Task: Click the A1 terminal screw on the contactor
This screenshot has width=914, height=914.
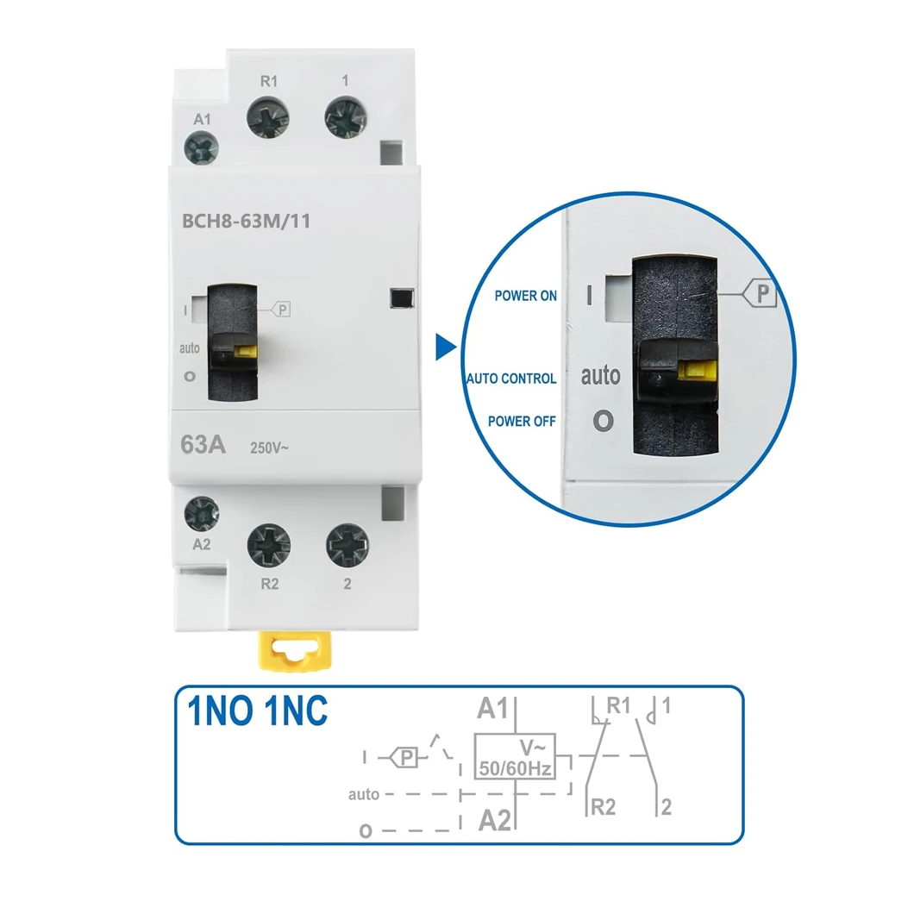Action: tap(203, 148)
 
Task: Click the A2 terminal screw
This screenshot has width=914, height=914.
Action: tap(203, 513)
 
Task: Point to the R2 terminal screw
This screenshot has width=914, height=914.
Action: tap(269, 545)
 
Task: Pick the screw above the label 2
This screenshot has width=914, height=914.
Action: tap(347, 546)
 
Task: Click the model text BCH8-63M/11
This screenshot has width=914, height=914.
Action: tap(247, 221)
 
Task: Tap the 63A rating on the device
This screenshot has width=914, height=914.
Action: tap(203, 445)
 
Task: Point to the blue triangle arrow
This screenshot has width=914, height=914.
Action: tap(445, 347)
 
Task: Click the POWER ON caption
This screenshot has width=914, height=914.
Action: tap(525, 296)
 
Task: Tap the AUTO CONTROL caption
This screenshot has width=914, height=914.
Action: tap(511, 379)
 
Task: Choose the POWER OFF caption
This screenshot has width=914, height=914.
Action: tap(522, 422)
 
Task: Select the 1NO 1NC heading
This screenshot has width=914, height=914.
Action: tap(258, 711)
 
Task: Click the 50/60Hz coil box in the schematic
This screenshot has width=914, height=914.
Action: tap(515, 756)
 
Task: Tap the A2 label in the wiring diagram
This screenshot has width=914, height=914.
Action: tap(494, 819)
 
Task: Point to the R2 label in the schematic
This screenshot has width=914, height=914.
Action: tap(604, 808)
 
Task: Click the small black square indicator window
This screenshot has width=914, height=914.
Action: tap(398, 297)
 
